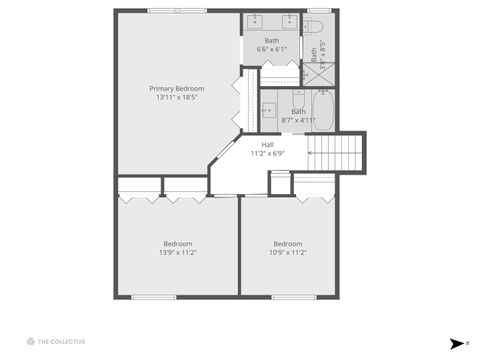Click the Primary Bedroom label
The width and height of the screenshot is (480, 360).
tap(177, 88)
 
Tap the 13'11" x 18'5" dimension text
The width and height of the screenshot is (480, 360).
tap(177, 98)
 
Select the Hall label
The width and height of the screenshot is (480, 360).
tap(268, 144)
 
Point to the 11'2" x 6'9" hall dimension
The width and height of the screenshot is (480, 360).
tap(268, 153)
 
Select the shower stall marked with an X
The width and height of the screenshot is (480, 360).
tap(321, 74)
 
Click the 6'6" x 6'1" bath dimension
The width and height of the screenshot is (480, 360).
tap(272, 49)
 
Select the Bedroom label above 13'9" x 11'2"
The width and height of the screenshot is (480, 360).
tap(178, 243)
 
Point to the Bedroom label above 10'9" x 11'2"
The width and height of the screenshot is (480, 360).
tap(288, 243)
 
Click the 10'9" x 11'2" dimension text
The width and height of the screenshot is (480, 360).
tap(288, 253)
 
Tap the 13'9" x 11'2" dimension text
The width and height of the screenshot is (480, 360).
tap(178, 253)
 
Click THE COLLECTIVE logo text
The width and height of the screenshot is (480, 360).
tap(61, 342)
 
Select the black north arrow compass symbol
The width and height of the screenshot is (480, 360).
tap(456, 343)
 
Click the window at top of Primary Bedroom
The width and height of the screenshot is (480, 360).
tap(176, 12)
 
